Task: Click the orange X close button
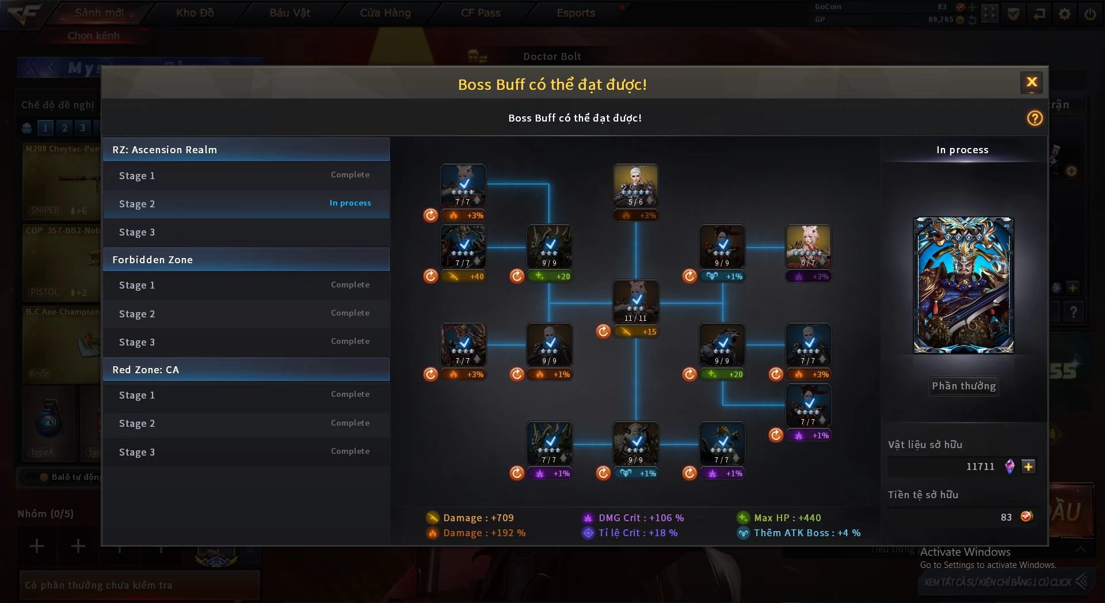1032,82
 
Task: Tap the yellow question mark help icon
1035,118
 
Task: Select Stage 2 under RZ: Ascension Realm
246,204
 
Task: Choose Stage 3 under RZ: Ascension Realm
246,232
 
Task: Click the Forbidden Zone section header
246,260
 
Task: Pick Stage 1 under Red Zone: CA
246,395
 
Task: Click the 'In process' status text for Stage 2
350,203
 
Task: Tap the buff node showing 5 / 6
635,185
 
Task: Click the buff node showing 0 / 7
808,246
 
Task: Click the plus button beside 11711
1028,467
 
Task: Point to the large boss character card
963,285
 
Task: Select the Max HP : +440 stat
787,518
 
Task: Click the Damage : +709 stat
478,518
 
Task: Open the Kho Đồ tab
195,13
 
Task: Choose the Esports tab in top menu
576,13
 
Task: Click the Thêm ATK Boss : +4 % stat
806,533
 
